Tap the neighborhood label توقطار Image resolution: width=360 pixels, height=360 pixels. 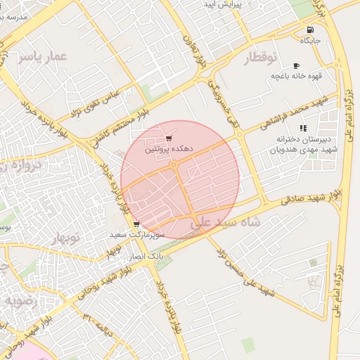[x=262, y=57]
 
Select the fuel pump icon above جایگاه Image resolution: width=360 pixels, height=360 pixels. [x=310, y=30]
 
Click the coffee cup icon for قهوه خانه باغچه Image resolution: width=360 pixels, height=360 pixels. [x=296, y=65]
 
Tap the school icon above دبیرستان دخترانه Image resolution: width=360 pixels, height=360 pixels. [x=303, y=128]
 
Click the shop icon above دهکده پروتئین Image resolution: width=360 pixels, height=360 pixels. [x=169, y=139]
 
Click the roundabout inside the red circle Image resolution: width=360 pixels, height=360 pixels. [x=174, y=165]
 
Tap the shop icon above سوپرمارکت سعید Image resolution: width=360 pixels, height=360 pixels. [x=136, y=224]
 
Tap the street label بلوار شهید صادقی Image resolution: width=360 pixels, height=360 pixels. [x=310, y=196]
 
